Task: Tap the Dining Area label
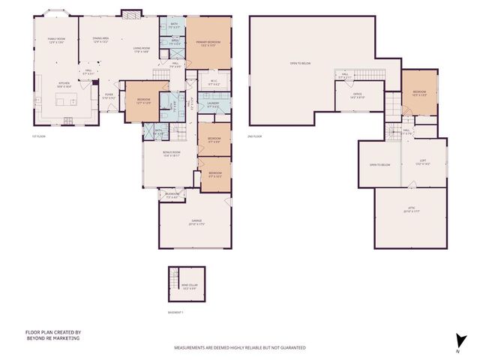coord(101,40)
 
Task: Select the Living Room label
coord(140,50)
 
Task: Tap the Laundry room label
coord(214,106)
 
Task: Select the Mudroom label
coord(172,196)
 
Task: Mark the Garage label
coord(196,222)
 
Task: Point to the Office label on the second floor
coord(357,96)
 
